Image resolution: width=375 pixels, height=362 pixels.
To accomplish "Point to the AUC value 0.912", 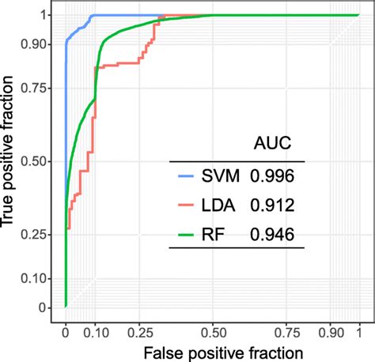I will pyautogui.click(x=274, y=206).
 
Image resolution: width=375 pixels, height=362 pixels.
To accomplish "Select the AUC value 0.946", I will pyautogui.click(x=274, y=234).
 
